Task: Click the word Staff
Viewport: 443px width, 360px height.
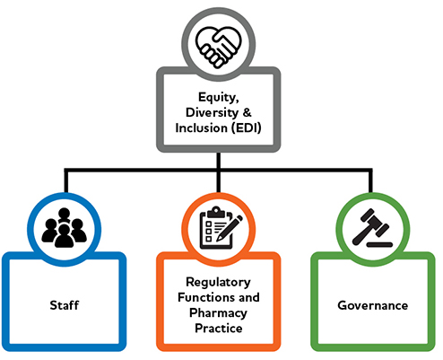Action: pos(64,305)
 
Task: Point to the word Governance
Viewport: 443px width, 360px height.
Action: pos(372,305)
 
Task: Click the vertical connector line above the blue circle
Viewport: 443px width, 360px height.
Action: pos(65,180)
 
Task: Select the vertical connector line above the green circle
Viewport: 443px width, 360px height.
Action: pos(372,180)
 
